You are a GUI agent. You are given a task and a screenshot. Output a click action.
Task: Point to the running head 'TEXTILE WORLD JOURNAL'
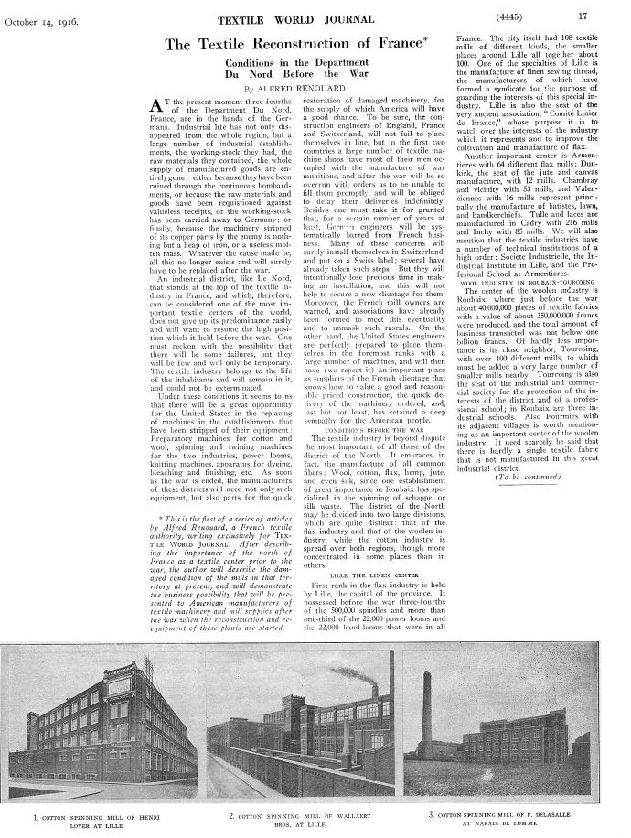point(278,16)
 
